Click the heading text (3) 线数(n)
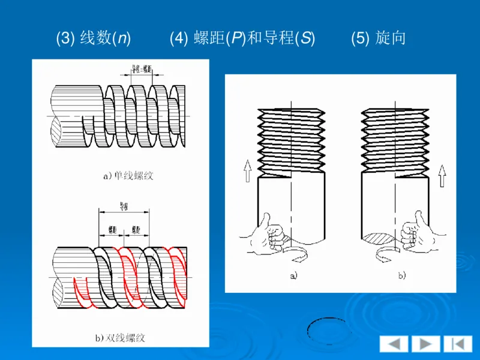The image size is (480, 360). [x=94, y=38]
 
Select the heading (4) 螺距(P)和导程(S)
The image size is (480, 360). [x=242, y=38]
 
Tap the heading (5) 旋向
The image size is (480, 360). [x=379, y=38]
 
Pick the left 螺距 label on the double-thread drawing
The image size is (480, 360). [x=112, y=229]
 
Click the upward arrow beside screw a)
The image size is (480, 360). [x=247, y=172]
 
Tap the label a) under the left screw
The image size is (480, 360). [x=293, y=276]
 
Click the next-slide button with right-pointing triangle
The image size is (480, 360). [x=426, y=344]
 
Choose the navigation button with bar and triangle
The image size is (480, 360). [x=458, y=344]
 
